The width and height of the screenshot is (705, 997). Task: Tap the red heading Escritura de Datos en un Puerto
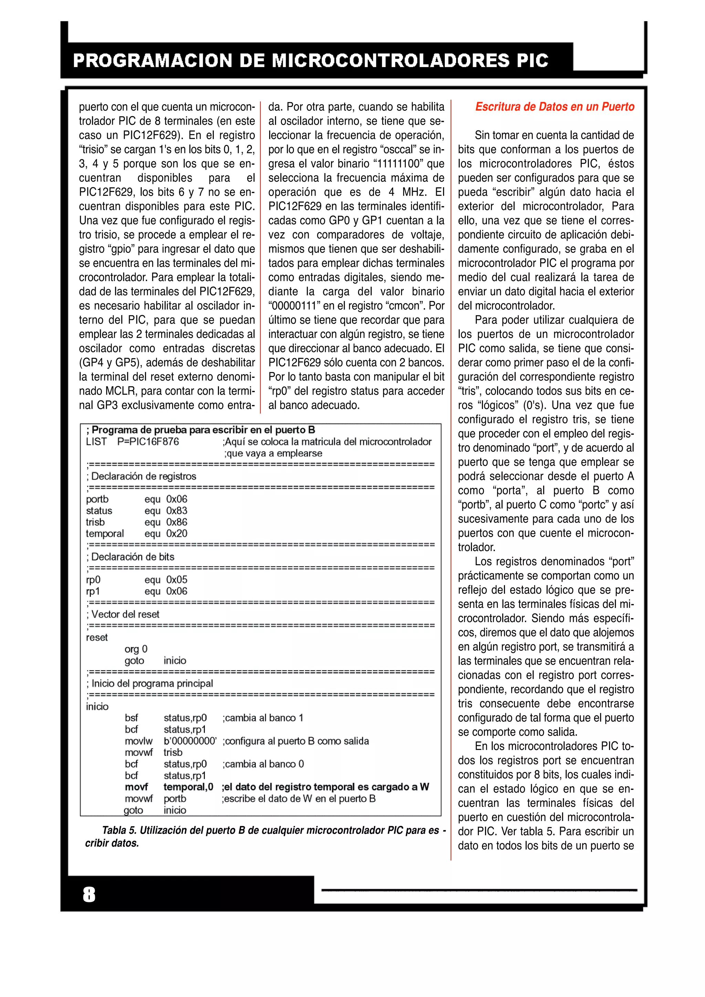[x=554, y=107]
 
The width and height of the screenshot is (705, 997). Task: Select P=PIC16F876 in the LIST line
[x=148, y=442]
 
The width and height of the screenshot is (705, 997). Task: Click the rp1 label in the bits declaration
[x=93, y=591]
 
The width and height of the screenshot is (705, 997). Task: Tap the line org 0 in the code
[x=136, y=649]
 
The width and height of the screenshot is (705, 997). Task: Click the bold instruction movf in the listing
[x=136, y=787]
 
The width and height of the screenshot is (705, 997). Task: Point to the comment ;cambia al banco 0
[x=263, y=764]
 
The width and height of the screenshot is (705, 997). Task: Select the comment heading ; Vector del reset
[x=123, y=614]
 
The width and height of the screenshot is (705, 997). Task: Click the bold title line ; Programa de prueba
[x=201, y=430]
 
